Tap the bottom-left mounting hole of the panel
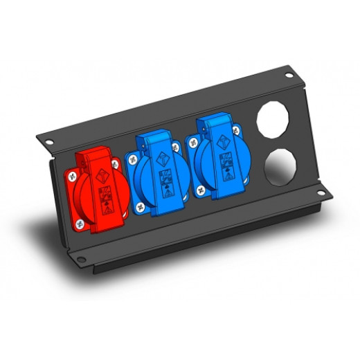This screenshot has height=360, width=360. pos(82,260)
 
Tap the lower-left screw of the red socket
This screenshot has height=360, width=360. pos(80,223)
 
